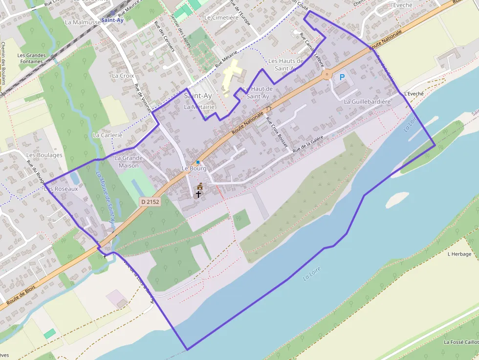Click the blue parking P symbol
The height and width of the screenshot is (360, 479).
[342, 77]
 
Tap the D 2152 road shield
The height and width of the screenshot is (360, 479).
[150, 201]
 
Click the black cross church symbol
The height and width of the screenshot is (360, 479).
[199, 194]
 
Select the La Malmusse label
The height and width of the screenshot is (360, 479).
[83, 22]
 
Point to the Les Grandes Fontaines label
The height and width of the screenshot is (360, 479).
[31, 59]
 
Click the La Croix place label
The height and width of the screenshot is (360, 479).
[123, 76]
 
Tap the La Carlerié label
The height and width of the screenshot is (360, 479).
[107, 135]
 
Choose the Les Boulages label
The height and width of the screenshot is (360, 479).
[44, 155]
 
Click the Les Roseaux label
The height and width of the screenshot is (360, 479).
[61, 188]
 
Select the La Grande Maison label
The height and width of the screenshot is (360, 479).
[129, 162]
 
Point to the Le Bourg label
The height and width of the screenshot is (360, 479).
[194, 169]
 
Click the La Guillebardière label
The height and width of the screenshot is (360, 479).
[368, 102]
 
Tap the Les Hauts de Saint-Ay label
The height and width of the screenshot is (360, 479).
[286, 64]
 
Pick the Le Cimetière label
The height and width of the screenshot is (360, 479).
[221, 18]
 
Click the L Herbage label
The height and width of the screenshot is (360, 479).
[459, 254]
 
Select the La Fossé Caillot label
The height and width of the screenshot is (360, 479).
[461, 342]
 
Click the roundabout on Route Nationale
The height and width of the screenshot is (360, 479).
[327, 75]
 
